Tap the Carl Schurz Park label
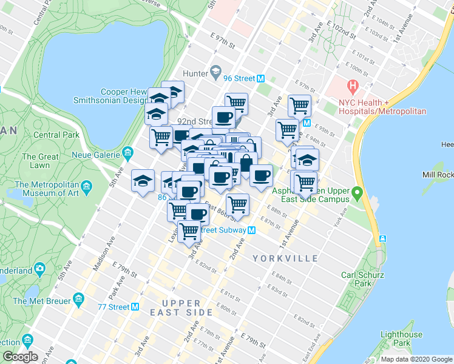point(356,279)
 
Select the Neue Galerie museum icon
point(127,152)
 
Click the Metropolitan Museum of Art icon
point(86,185)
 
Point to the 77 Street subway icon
point(136,307)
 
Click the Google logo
point(20,357)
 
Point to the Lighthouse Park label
point(401,339)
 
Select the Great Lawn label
point(40,161)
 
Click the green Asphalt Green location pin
point(357,195)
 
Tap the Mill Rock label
point(438,175)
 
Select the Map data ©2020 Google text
point(416,359)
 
